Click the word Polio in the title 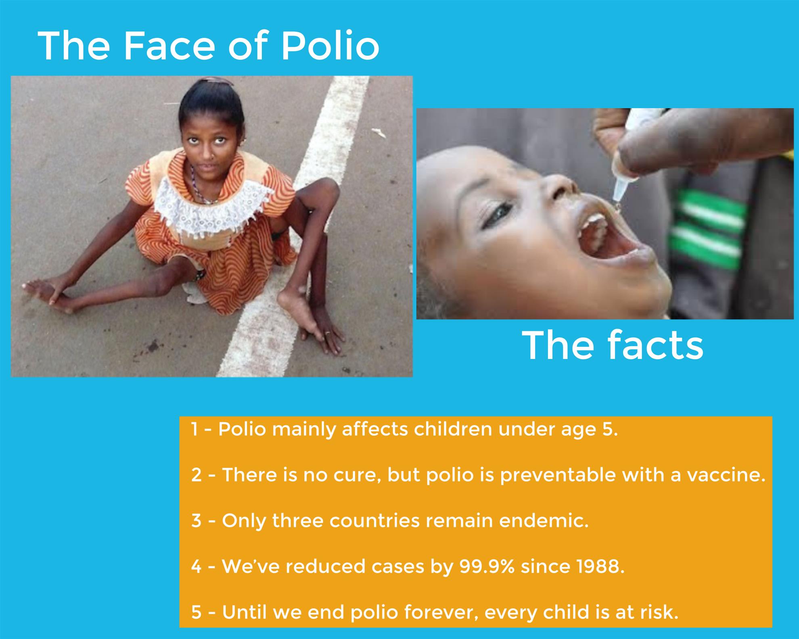point(330,46)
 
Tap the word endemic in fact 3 point(544,521)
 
